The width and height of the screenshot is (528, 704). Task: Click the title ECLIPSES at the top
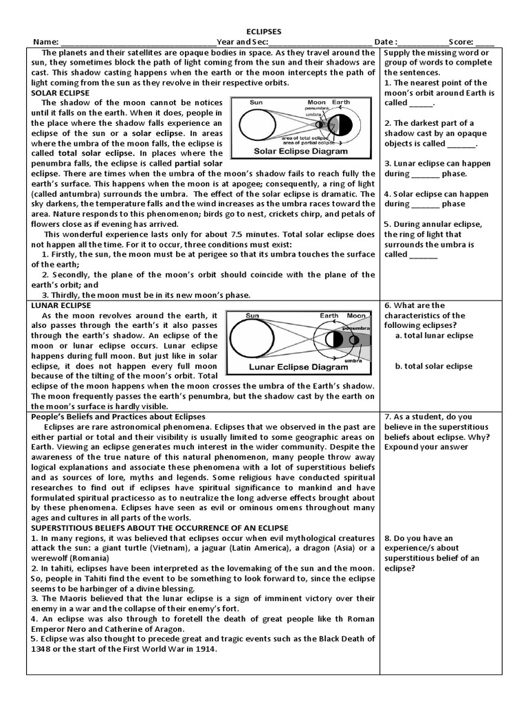264,32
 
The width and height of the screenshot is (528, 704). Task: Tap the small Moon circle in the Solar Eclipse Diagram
318,124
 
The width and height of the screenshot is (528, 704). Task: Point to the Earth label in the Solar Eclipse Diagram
341,102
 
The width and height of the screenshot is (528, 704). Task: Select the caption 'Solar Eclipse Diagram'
291,151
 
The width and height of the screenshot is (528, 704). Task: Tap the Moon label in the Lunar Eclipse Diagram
356,316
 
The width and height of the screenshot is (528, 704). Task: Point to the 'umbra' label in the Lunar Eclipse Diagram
353,360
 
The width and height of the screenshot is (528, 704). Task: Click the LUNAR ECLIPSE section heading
61,305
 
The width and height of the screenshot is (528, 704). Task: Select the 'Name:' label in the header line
47,42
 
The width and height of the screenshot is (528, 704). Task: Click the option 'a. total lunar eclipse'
434,335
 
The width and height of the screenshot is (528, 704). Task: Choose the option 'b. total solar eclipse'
434,366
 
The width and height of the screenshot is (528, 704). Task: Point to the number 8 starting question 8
387,538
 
